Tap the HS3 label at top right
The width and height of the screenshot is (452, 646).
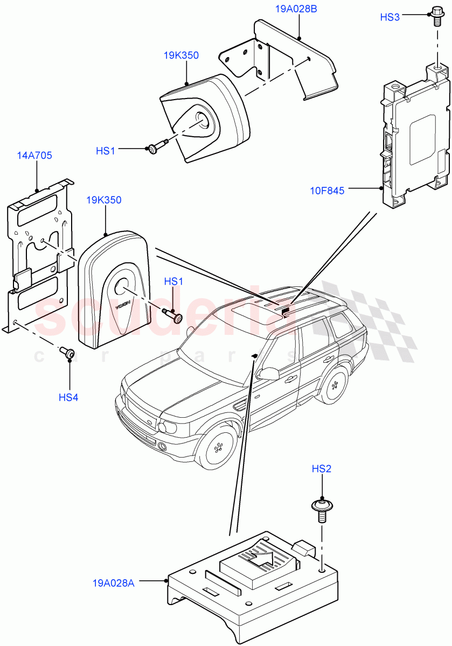click(x=390, y=17)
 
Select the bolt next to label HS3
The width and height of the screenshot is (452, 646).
click(x=436, y=16)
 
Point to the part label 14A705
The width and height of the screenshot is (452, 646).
click(x=34, y=156)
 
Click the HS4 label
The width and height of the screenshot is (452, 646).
click(x=68, y=398)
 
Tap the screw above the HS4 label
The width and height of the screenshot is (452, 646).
click(x=67, y=352)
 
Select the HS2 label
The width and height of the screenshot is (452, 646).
click(x=322, y=469)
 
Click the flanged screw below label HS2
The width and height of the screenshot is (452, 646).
click(x=322, y=509)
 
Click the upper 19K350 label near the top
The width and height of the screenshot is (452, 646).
click(x=181, y=55)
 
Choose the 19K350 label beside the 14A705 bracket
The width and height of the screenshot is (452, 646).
click(x=103, y=200)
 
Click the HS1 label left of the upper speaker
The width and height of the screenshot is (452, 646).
click(x=106, y=151)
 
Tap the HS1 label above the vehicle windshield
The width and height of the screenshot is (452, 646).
click(x=173, y=282)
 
